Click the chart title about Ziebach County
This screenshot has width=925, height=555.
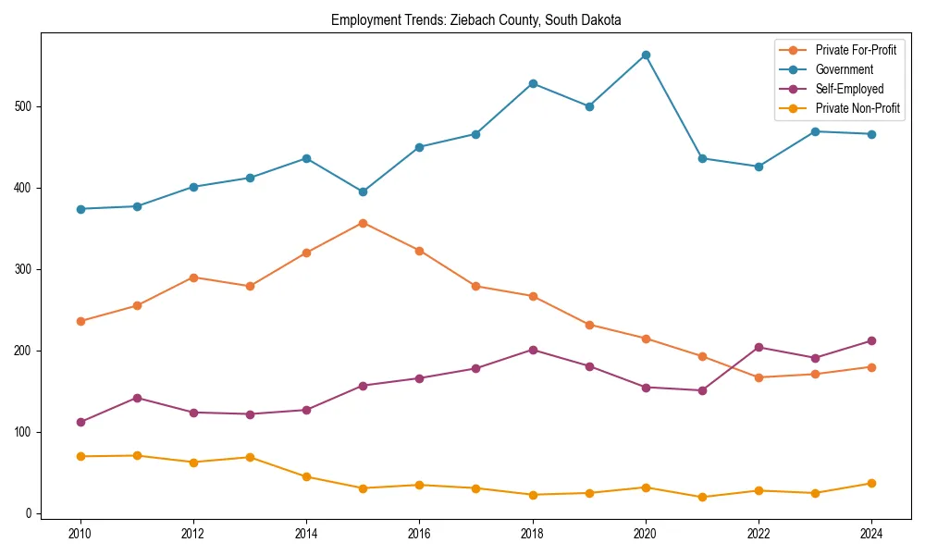(x=475, y=19)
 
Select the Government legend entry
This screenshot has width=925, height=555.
(x=844, y=69)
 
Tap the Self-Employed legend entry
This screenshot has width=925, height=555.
(x=849, y=89)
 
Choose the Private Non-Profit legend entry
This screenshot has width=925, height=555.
(x=857, y=108)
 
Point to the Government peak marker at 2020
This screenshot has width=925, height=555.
(x=646, y=55)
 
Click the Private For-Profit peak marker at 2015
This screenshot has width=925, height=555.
(x=363, y=223)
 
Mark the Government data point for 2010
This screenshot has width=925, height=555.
(x=80, y=209)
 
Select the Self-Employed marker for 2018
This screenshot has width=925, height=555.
(x=533, y=350)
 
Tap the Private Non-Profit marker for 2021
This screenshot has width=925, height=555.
(x=702, y=497)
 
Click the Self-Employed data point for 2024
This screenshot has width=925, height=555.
(x=871, y=340)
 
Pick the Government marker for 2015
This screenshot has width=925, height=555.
(x=363, y=191)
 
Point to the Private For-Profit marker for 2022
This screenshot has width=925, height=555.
(x=758, y=377)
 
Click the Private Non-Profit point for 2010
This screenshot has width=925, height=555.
(x=80, y=456)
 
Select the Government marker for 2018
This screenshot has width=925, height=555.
(x=533, y=83)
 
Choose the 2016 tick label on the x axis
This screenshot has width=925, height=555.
(x=419, y=534)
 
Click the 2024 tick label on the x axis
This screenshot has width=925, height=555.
(x=871, y=534)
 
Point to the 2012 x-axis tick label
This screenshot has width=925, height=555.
(x=193, y=534)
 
